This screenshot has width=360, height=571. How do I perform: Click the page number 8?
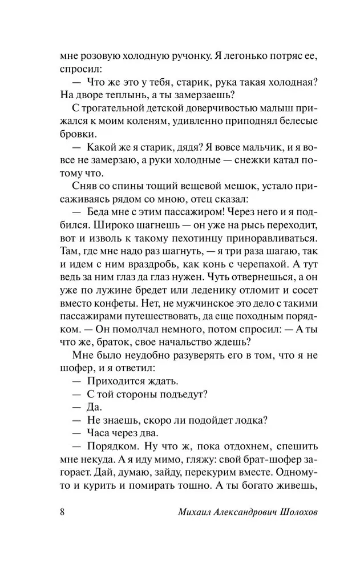62,510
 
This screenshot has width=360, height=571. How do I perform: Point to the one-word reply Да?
94,407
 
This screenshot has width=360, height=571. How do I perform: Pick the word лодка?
247,420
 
